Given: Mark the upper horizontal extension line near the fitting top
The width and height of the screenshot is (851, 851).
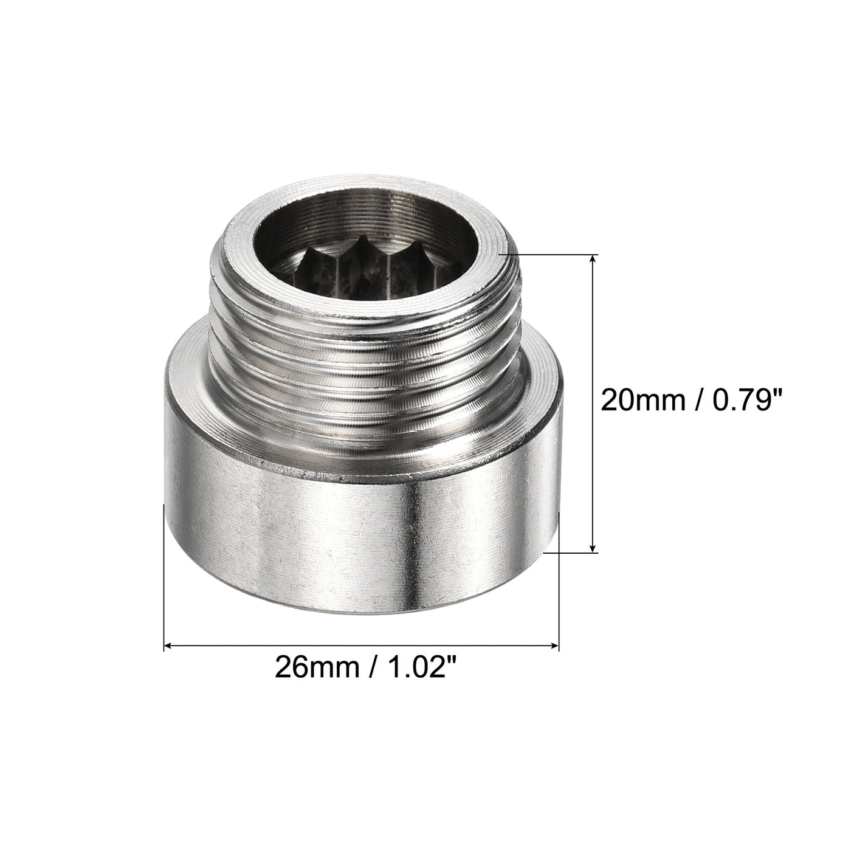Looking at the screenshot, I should [x=547, y=253].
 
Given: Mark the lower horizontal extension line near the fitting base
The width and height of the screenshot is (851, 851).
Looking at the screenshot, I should [x=571, y=553].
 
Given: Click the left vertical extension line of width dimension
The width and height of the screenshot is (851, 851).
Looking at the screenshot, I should [x=165, y=577].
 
